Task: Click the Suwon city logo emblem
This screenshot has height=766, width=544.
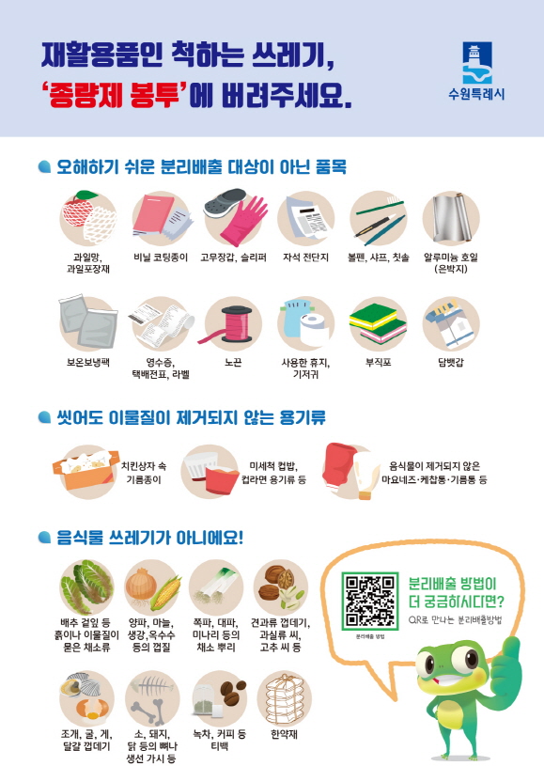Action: (x=476, y=63)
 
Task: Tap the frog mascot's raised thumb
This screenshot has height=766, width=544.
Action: (x=511, y=649)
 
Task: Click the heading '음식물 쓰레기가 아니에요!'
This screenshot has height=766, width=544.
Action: (x=152, y=538)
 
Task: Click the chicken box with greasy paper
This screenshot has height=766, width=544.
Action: (x=85, y=466)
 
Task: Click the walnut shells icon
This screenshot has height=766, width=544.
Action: (x=279, y=583)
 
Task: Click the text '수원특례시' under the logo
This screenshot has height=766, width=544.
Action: (x=476, y=95)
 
